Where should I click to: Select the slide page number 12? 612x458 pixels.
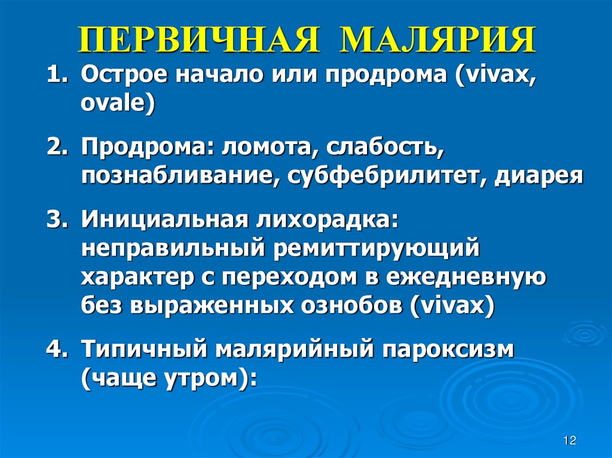[569, 441]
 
